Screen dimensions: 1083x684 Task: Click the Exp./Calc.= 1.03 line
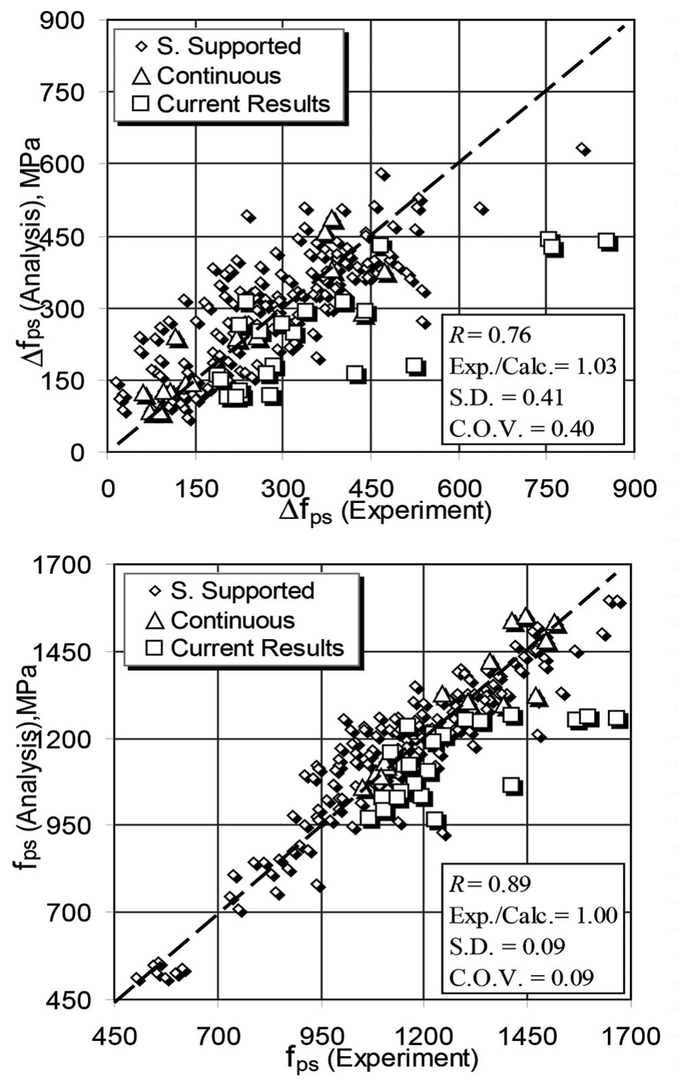click(x=532, y=366)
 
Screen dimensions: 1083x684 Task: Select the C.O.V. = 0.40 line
click(x=521, y=428)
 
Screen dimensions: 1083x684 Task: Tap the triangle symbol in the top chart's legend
click(x=141, y=76)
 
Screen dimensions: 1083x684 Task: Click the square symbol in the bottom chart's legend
click(x=155, y=648)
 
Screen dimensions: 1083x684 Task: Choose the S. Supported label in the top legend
click(x=228, y=47)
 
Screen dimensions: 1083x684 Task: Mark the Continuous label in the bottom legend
click(x=233, y=620)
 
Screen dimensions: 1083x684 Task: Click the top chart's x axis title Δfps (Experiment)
click(x=385, y=512)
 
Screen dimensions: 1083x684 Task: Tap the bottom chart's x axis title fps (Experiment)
click(x=381, y=1058)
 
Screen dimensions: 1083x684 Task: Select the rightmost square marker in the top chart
click(x=606, y=241)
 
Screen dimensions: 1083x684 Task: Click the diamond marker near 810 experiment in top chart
click(x=582, y=149)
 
